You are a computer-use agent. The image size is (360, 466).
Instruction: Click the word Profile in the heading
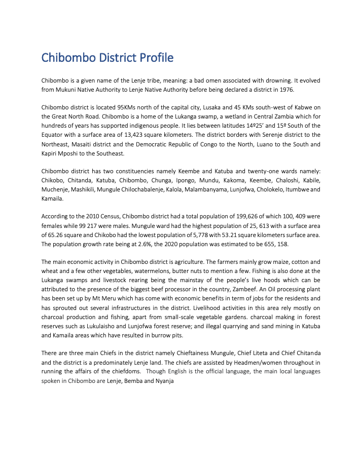pos(154,58)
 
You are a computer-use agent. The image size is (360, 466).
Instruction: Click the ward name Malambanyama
pos(210,189)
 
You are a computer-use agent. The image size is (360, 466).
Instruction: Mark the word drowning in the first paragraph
pos(287,80)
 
